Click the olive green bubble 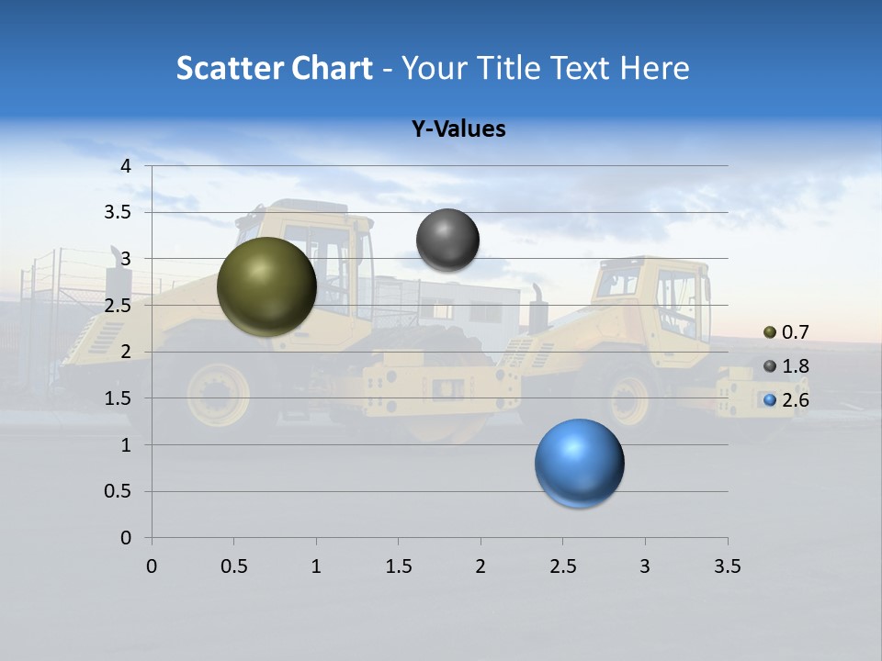coord(266,286)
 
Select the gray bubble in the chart coord(447,241)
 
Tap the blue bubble coord(579,463)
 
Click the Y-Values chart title coord(458,129)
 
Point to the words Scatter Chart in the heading coord(274,68)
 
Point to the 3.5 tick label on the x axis coord(727,566)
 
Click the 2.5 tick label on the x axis coord(562,566)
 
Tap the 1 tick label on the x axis coord(316,566)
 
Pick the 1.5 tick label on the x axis coord(398,566)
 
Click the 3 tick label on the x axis coord(645,566)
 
